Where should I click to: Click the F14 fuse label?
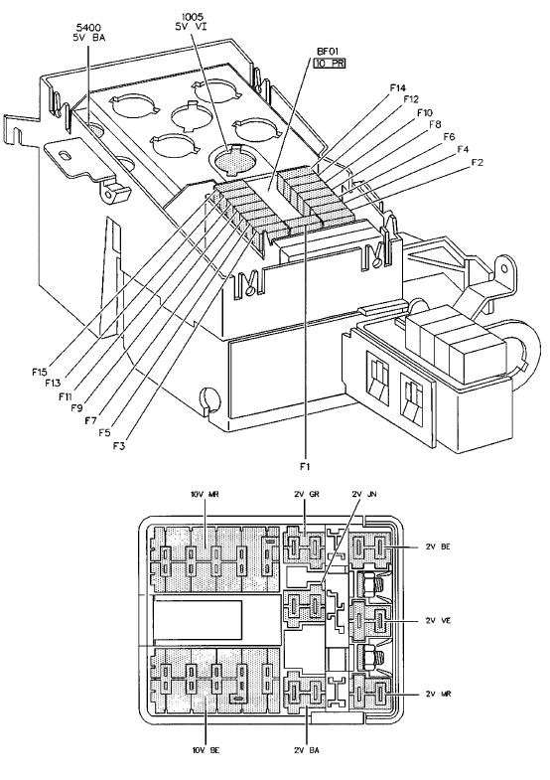(397, 88)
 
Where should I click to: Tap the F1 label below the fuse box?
(305, 466)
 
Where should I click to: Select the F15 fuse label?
(39, 372)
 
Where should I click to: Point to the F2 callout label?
(477, 162)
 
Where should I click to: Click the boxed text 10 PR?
(330, 64)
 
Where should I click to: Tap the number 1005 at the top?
(193, 17)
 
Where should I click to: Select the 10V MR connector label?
(205, 494)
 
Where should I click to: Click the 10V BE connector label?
(205, 750)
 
